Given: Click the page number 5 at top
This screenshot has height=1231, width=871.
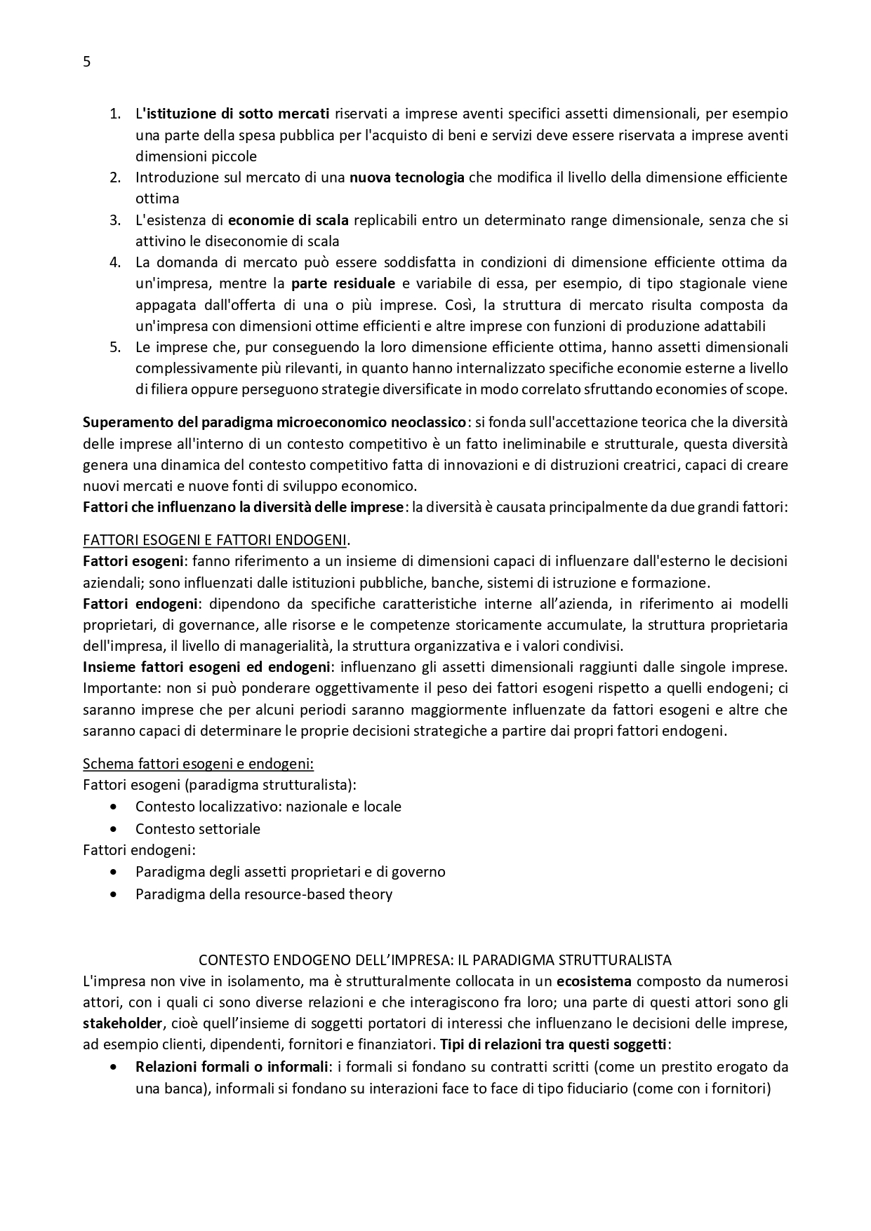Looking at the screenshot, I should (x=87, y=62).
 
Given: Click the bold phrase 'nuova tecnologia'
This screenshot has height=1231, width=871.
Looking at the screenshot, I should (x=407, y=177).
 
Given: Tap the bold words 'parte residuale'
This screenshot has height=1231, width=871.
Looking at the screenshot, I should (x=343, y=283).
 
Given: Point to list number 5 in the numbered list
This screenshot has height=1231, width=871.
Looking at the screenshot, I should (x=115, y=347).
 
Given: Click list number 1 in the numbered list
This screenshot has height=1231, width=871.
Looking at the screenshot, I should (x=115, y=114).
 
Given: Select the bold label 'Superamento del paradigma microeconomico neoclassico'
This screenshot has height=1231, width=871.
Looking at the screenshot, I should (x=274, y=422).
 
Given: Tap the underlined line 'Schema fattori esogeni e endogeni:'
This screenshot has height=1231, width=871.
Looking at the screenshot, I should (x=198, y=763).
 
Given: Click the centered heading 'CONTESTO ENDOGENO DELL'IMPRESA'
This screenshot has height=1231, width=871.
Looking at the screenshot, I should (x=434, y=960).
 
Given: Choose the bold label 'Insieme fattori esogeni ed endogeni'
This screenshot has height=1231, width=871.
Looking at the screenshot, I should (x=206, y=667).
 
